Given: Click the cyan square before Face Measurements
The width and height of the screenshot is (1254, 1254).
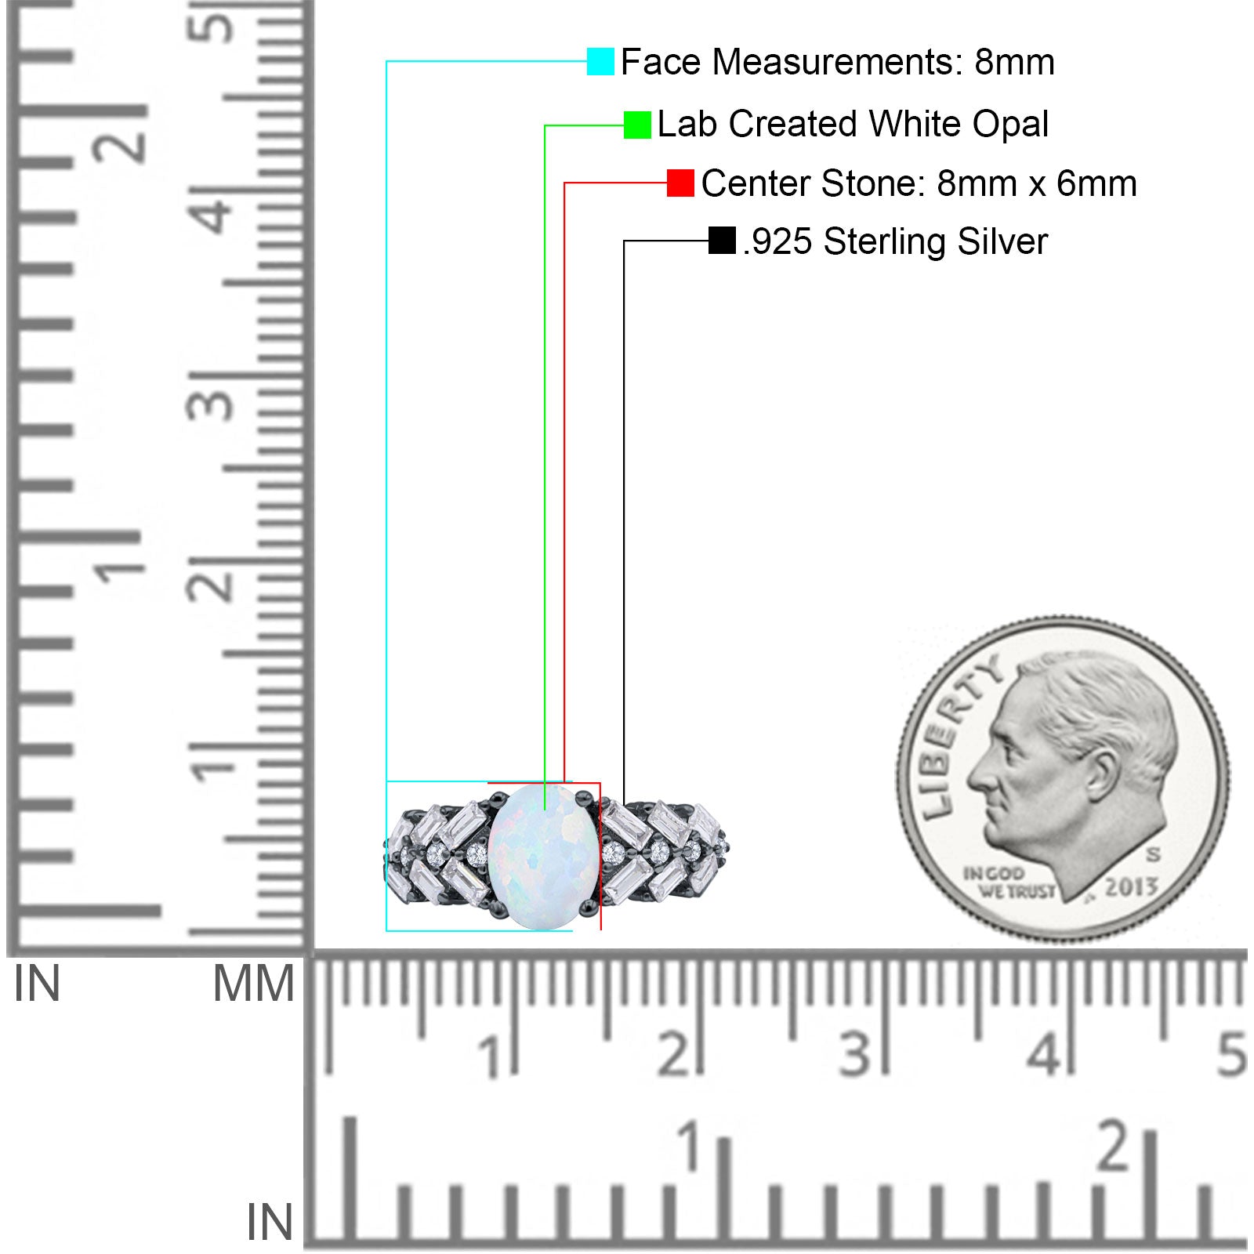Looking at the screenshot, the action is [600, 61].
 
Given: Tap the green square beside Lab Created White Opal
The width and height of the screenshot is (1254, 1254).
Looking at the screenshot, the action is [637, 125].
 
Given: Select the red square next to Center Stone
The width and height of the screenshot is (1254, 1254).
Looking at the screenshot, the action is [680, 183].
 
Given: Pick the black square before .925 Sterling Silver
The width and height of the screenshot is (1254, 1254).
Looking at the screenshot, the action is [722, 241].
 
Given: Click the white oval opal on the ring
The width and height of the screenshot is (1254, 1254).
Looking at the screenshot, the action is [543, 856].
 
